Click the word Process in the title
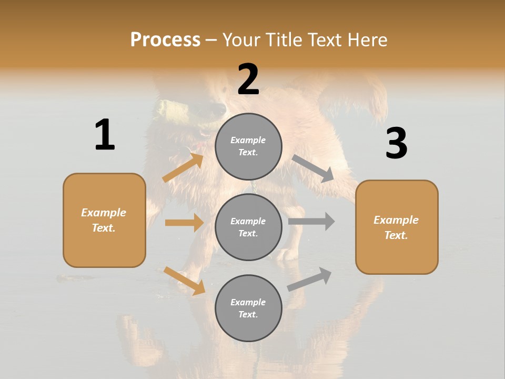tap(165, 40)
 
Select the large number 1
tap(105, 135)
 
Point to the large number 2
tap(248, 79)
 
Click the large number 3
tap(396, 144)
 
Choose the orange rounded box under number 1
tap(104, 220)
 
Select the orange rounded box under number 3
tap(397, 227)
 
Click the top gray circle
tap(248, 146)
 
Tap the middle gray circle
tap(248, 227)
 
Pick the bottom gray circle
tap(248, 308)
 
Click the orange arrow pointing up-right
tap(183, 167)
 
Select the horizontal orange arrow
tap(184, 223)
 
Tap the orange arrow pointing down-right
tap(184, 281)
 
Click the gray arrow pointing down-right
tap(313, 168)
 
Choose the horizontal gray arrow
tap(311, 222)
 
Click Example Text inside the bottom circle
tap(248, 308)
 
